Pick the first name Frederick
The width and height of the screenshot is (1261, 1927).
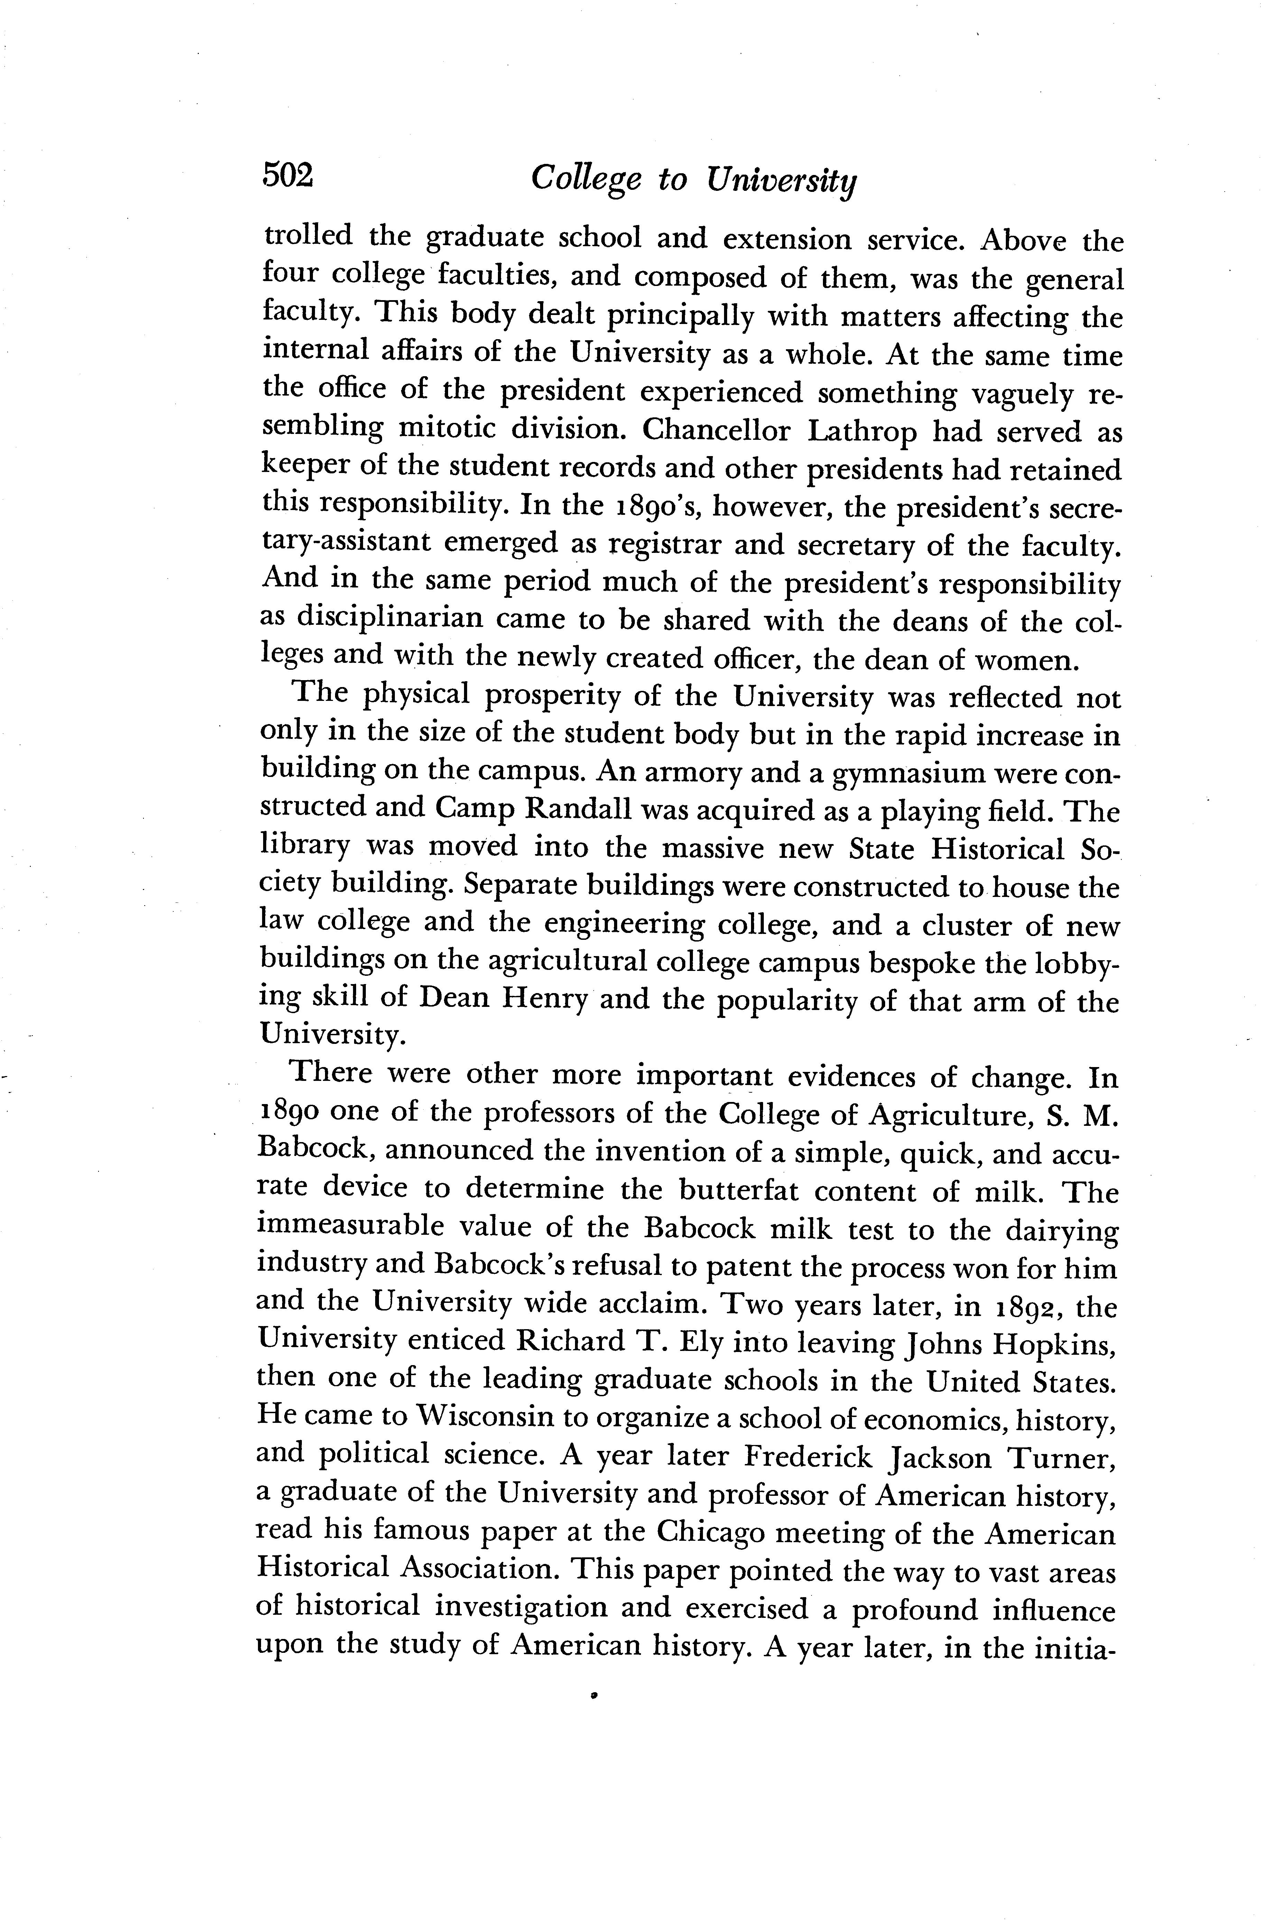(x=807, y=1456)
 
